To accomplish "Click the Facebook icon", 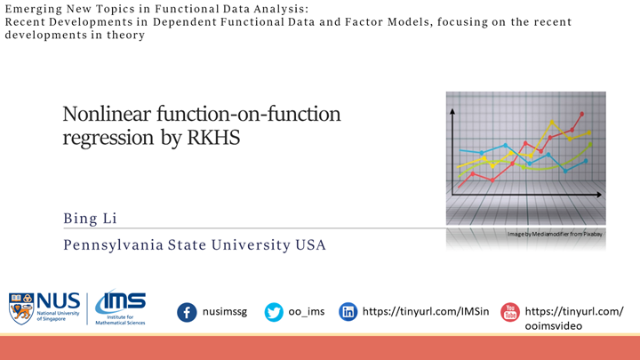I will click(187, 312).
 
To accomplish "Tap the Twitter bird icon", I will click(274, 312).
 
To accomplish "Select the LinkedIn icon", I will click(348, 312).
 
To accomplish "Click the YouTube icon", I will click(509, 312).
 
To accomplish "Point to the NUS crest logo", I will click(20, 308).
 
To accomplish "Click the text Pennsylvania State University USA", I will click(194, 244).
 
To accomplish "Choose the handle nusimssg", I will click(225, 312).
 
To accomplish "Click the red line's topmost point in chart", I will click(582, 114).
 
